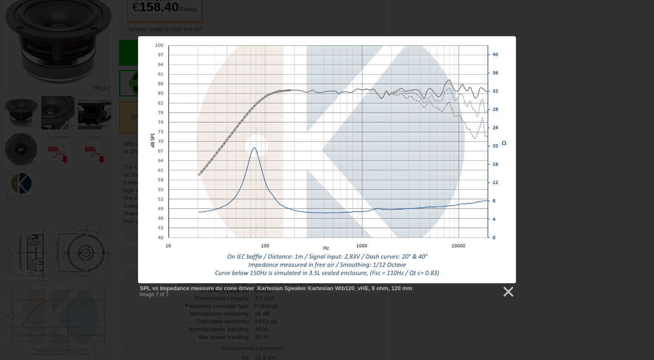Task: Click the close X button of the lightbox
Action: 508,292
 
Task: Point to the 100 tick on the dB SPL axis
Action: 159,45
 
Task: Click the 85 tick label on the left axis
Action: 160,93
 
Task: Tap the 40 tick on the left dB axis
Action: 160,238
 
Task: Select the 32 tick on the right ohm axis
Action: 495,91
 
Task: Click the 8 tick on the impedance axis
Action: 494,201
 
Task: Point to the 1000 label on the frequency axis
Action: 362,246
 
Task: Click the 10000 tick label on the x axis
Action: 458,246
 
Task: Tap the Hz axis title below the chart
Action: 326,248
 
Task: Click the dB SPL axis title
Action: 152,140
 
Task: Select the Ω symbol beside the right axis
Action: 504,143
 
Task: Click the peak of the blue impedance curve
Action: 255,148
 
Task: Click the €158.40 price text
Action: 155,7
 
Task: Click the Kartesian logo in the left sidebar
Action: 22,186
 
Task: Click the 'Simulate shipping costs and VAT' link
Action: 165,29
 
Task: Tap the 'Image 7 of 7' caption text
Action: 154,294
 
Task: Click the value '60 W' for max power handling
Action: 261,337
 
